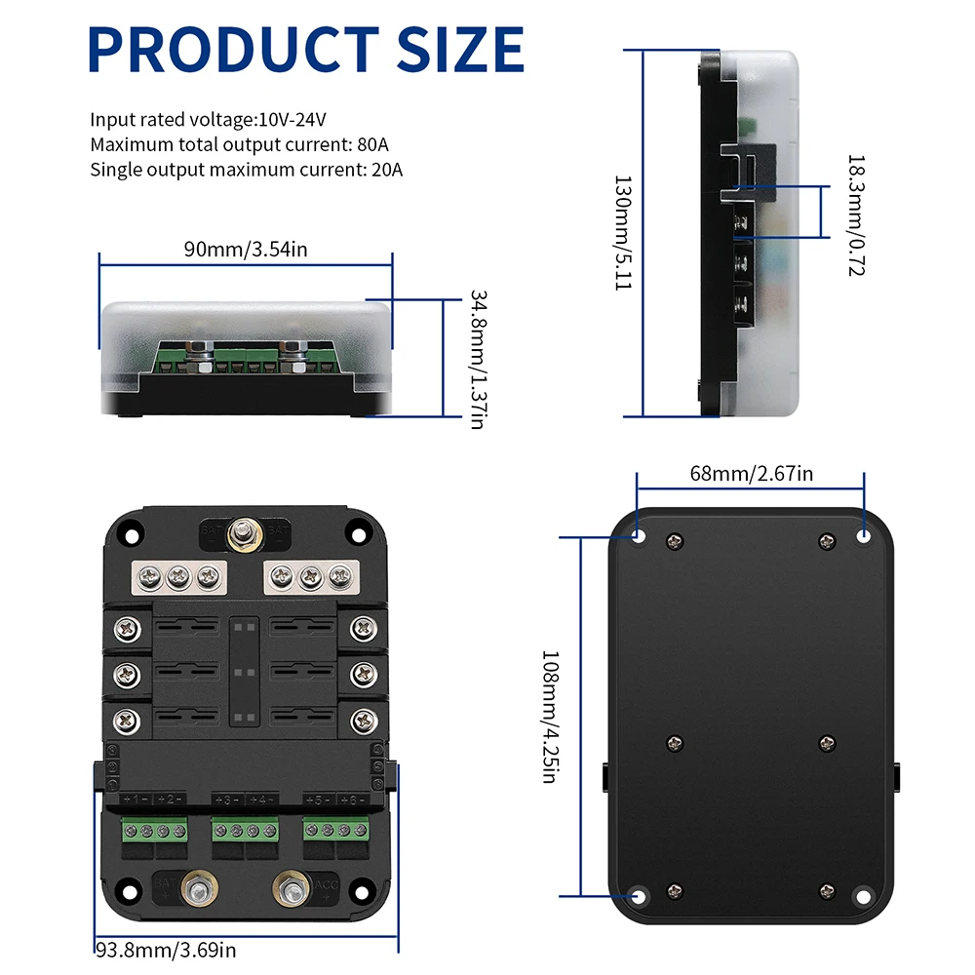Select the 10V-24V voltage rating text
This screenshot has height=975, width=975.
pyautogui.click(x=291, y=120)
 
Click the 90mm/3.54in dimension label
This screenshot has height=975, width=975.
pyautogui.click(x=246, y=249)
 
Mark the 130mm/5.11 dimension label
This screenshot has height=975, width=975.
pyautogui.click(x=621, y=235)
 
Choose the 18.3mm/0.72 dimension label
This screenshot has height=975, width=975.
pyautogui.click(x=855, y=214)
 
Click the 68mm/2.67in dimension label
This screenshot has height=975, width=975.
pyautogui.click(x=751, y=474)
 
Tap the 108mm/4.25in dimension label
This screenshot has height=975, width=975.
pyautogui.click(x=552, y=717)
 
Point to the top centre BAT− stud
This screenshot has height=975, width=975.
pyautogui.click(x=239, y=533)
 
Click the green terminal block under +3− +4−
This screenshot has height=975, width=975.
pyautogui.click(x=244, y=832)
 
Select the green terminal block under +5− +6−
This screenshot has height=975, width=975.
pyautogui.click(x=336, y=832)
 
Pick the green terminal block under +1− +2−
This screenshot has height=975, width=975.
pyautogui.click(x=153, y=832)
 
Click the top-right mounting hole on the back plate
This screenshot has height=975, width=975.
pyautogui.click(x=864, y=535)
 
